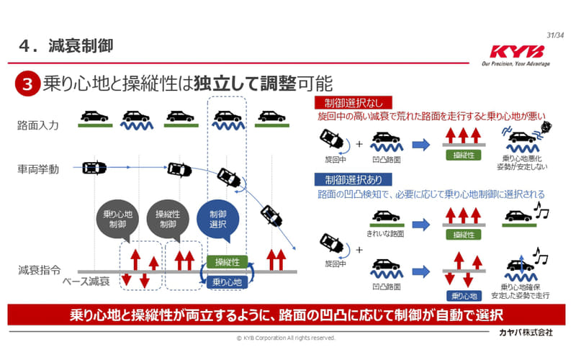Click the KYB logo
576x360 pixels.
click(516, 53)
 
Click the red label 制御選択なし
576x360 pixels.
click(350, 102)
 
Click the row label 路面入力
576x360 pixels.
click(38, 125)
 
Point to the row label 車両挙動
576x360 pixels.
click(38, 169)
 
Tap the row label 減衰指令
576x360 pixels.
click(38, 271)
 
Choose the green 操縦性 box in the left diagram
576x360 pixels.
click(228, 262)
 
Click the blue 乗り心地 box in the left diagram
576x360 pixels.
click(228, 282)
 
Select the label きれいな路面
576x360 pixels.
click(385, 233)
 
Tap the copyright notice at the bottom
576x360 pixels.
click(286, 337)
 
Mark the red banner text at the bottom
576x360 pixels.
click(286, 315)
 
